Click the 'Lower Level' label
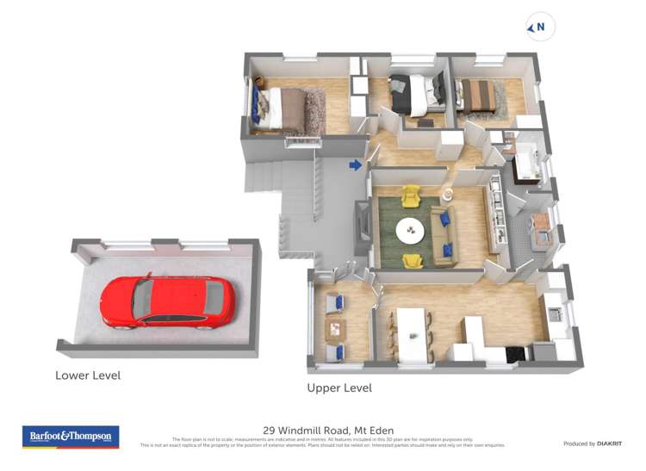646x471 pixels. [88, 375]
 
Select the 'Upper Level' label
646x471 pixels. [339, 388]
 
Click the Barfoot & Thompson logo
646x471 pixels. [71, 437]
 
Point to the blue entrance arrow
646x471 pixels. [355, 164]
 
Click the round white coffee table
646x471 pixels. [410, 230]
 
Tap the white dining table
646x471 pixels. [411, 325]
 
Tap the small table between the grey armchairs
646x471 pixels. [335, 328]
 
